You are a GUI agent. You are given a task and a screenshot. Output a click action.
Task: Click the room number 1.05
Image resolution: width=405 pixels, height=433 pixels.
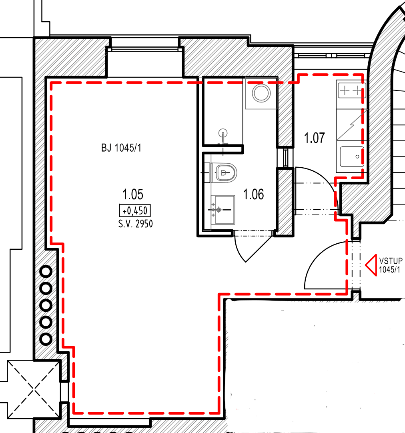pyautogui.click(x=132, y=195)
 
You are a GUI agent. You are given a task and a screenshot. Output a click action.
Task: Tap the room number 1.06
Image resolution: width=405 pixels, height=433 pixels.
pyautogui.click(x=254, y=195)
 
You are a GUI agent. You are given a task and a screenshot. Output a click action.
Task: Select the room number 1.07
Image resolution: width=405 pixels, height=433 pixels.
pyautogui.click(x=314, y=138)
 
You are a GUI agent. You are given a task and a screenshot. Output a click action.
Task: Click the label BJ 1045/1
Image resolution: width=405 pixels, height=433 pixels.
pyautogui.click(x=121, y=148)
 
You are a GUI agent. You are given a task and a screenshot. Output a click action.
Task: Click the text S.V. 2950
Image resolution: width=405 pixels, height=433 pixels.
pyautogui.click(x=135, y=224)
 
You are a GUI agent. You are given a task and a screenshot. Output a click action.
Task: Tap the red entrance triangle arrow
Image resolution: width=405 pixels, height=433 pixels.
pyautogui.click(x=370, y=264)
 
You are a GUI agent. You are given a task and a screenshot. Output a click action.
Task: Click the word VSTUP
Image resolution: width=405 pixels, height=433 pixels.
pyautogui.click(x=390, y=261)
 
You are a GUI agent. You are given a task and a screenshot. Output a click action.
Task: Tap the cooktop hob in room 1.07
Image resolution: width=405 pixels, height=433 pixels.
pyautogui.click(x=351, y=90)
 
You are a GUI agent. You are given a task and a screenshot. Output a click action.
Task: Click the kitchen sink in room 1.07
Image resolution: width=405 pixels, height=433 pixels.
pyautogui.click(x=351, y=157)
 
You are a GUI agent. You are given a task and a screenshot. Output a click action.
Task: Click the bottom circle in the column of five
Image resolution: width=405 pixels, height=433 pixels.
pyautogui.click(x=46, y=339)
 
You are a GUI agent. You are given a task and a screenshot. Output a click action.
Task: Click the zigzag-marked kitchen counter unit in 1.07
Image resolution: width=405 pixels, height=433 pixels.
pyautogui.click(x=351, y=124)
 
